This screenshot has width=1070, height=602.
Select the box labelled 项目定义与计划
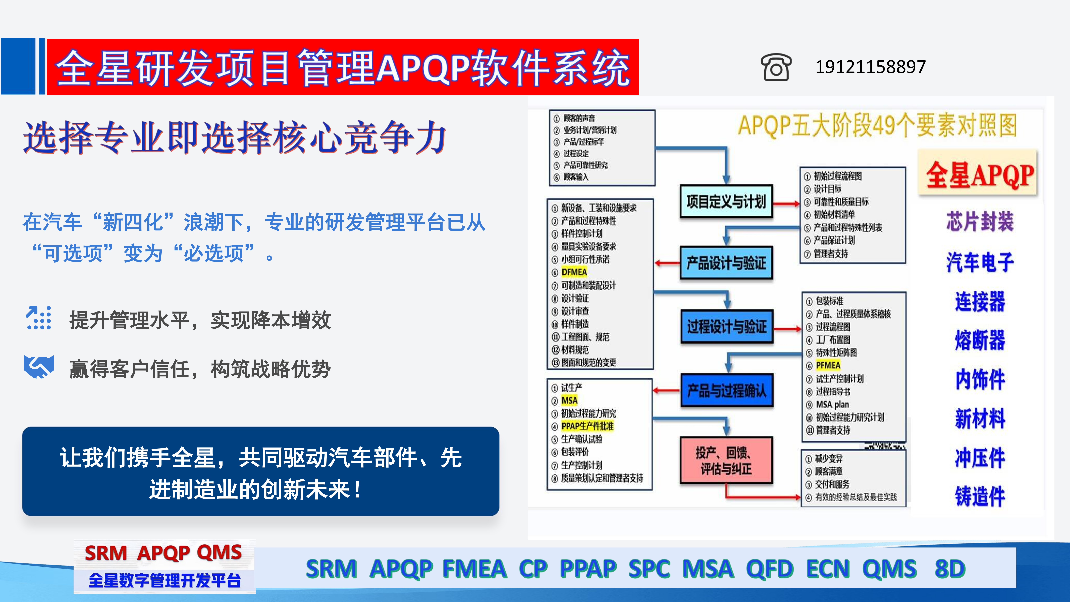[726, 202]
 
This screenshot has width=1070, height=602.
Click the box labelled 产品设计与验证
[726, 263]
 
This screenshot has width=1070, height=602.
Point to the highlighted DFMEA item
[574, 272]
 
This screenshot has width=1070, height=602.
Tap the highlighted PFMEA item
[828, 366]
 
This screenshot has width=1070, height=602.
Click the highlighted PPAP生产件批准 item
[587, 426]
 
